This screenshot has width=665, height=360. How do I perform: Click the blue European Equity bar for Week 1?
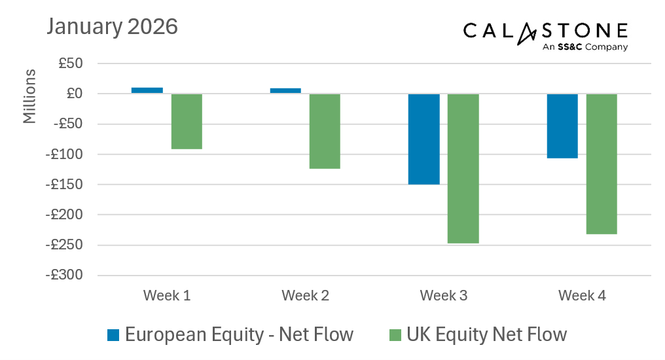click(x=147, y=90)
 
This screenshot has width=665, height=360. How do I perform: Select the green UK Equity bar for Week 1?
click(x=187, y=121)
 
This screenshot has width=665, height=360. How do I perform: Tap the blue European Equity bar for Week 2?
click(x=285, y=91)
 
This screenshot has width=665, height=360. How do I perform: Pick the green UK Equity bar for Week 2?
click(x=325, y=131)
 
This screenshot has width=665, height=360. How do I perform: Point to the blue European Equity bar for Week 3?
click(x=423, y=139)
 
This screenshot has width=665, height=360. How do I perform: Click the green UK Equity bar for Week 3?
click(x=463, y=168)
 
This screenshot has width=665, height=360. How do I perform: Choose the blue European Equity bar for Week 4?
click(x=562, y=126)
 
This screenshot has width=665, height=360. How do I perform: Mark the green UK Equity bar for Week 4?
click(x=602, y=164)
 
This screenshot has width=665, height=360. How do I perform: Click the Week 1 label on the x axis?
click(x=167, y=296)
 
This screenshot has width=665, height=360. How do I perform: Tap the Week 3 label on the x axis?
click(x=444, y=296)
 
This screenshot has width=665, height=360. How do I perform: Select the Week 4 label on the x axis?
click(x=582, y=296)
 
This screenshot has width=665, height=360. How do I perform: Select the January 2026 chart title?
click(x=112, y=27)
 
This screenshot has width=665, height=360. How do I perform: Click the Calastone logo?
click(x=545, y=35)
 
